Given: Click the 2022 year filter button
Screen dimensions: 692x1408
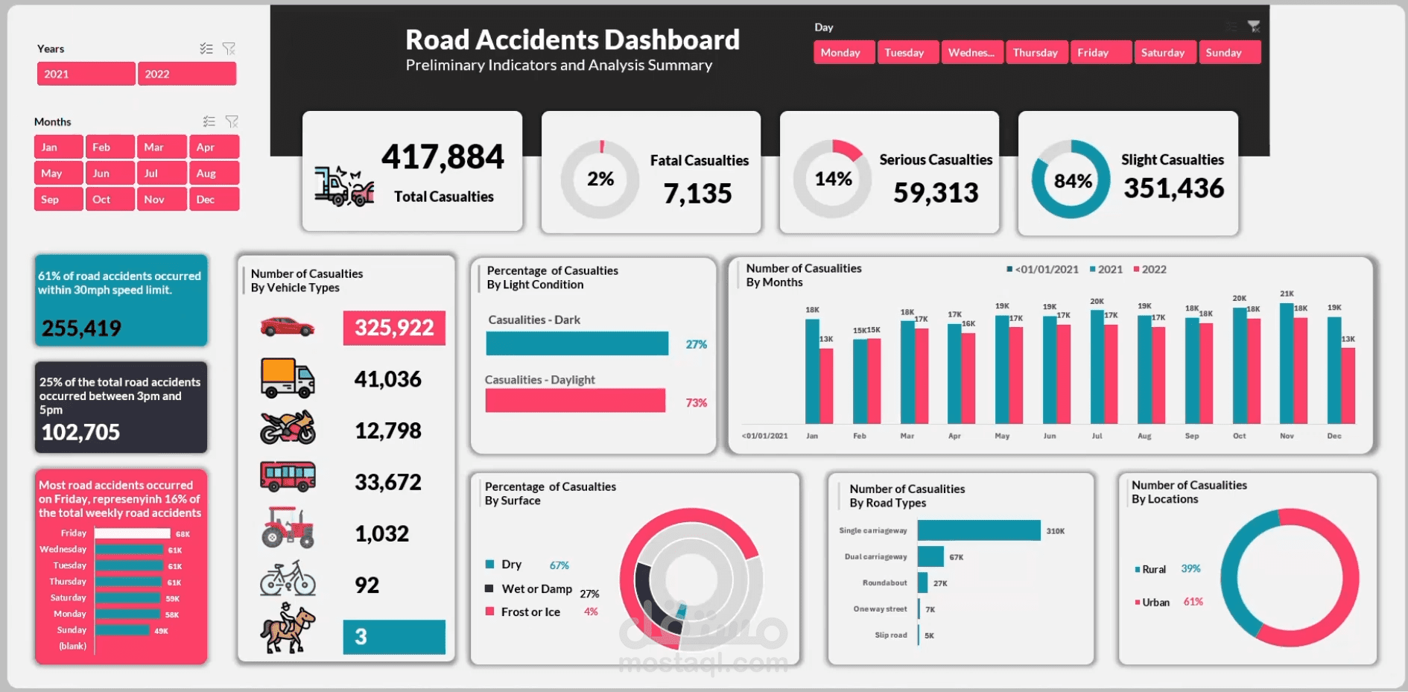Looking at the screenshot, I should coord(186,74).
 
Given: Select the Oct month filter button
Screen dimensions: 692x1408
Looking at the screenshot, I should coord(110,200).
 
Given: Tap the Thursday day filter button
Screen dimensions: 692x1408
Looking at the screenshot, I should coord(1036,53).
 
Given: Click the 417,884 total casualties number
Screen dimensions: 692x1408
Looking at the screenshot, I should coord(443,157).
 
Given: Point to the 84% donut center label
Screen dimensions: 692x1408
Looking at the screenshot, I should coord(1072,181).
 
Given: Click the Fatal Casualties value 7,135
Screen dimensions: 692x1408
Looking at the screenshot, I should coord(697,194).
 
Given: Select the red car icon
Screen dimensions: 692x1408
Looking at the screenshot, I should coord(287,327).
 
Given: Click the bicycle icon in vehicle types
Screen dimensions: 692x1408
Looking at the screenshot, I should coord(288,579).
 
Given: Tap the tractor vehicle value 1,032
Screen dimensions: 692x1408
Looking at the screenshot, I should coord(382,533).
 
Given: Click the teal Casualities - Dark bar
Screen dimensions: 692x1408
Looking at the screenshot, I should coord(577,343).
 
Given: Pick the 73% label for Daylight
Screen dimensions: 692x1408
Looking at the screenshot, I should coord(696,403).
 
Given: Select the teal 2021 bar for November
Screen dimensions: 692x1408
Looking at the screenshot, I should coord(1287,364).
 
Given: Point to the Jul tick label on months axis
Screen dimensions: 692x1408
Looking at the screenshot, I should coord(1097,436).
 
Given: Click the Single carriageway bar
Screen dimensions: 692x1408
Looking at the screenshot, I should coord(978,530).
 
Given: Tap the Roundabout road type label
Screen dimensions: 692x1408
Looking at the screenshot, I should coord(884,583).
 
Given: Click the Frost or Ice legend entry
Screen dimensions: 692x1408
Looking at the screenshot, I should coord(530,612).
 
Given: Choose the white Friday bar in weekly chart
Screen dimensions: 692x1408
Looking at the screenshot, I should coord(132,533).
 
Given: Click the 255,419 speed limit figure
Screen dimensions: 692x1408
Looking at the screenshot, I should coord(81,328).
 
